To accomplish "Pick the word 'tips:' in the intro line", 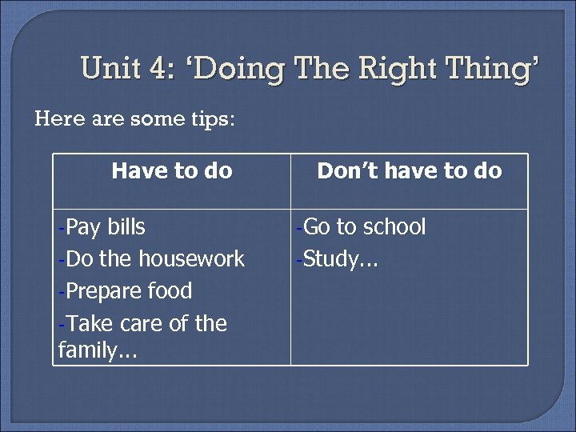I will [x=210, y=119].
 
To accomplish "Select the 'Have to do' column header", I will [x=172, y=170].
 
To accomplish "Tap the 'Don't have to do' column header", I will [x=409, y=170].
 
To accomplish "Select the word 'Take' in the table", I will [x=86, y=324].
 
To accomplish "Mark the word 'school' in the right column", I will [x=394, y=227].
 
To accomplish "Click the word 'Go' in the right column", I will [x=318, y=227].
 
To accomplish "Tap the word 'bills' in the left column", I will [x=127, y=227].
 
